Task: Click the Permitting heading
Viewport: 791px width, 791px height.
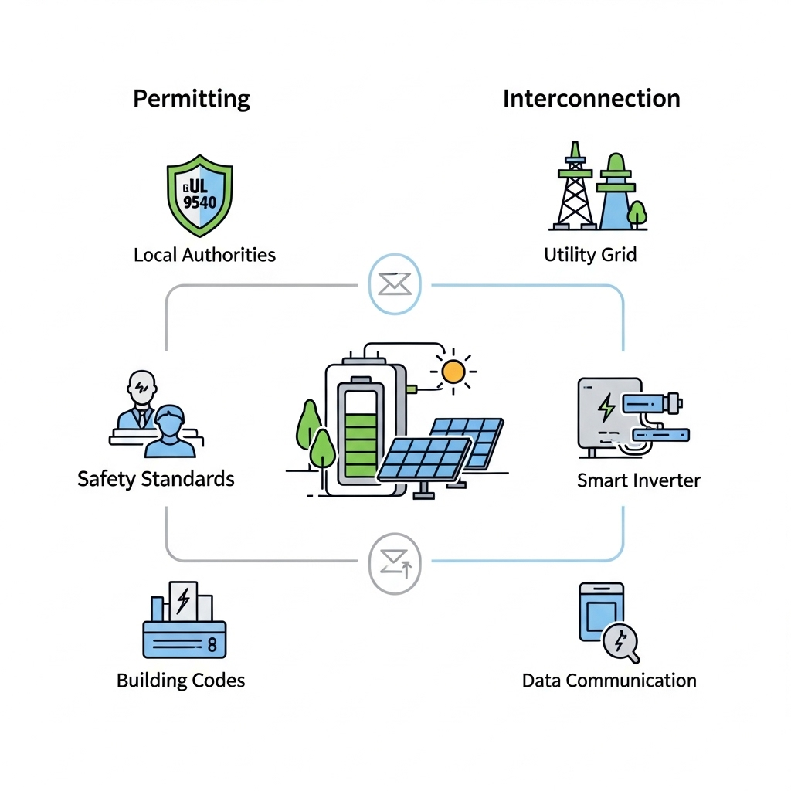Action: pyautogui.click(x=192, y=99)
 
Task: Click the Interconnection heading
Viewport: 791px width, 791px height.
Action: pyautogui.click(x=592, y=99)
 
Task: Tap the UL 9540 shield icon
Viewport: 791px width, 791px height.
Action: pyautogui.click(x=200, y=196)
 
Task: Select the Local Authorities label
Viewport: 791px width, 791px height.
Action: pyautogui.click(x=204, y=255)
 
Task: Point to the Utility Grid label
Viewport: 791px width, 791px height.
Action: pyautogui.click(x=590, y=255)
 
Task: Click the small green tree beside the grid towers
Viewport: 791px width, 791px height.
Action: pyautogui.click(x=637, y=212)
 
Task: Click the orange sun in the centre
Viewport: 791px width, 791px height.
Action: pyautogui.click(x=453, y=372)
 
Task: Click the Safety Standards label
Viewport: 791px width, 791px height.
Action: pyautogui.click(x=156, y=479)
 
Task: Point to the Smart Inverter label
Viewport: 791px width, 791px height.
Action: pyautogui.click(x=639, y=480)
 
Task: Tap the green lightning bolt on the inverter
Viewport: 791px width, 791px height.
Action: pyautogui.click(x=607, y=406)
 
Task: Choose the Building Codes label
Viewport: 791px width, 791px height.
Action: pyautogui.click(x=181, y=681)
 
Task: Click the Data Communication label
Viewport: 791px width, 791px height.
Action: pyautogui.click(x=609, y=681)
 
